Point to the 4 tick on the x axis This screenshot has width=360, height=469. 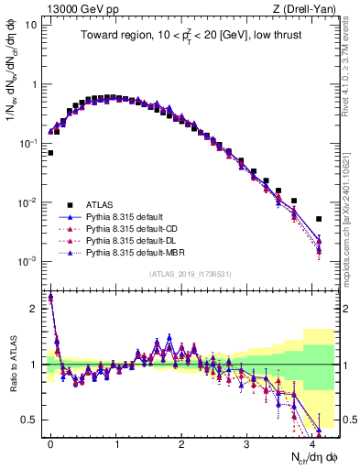(x=312, y=442)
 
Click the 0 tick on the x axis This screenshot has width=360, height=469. (x=50, y=442)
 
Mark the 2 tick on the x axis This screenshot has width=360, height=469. (x=181, y=442)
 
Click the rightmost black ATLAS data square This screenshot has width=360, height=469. (x=319, y=219)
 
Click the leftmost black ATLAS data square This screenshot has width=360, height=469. (x=50, y=153)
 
